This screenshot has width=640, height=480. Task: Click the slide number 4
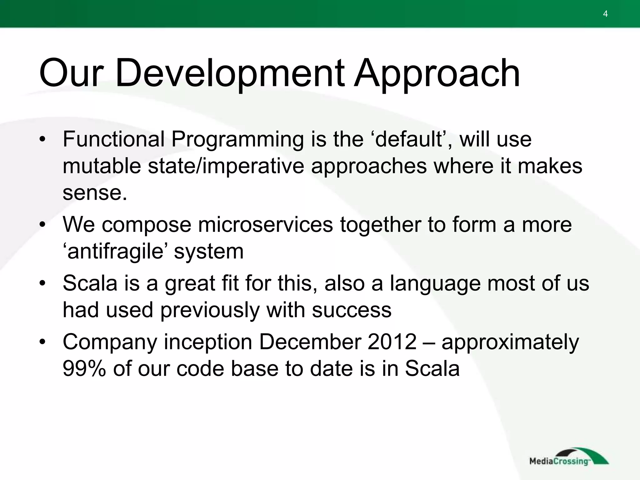click(x=605, y=14)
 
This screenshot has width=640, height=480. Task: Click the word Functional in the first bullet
click(x=113, y=139)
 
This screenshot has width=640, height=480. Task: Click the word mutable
click(x=102, y=166)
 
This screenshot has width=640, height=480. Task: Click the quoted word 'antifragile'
click(x=115, y=252)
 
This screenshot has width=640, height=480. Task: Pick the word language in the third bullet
click(x=435, y=283)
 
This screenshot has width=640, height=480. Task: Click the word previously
click(x=210, y=310)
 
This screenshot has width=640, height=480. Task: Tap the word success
click(x=352, y=310)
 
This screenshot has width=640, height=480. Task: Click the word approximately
click(x=510, y=342)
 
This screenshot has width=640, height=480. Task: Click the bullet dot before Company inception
click(x=42, y=342)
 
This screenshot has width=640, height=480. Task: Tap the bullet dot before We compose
click(x=42, y=224)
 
